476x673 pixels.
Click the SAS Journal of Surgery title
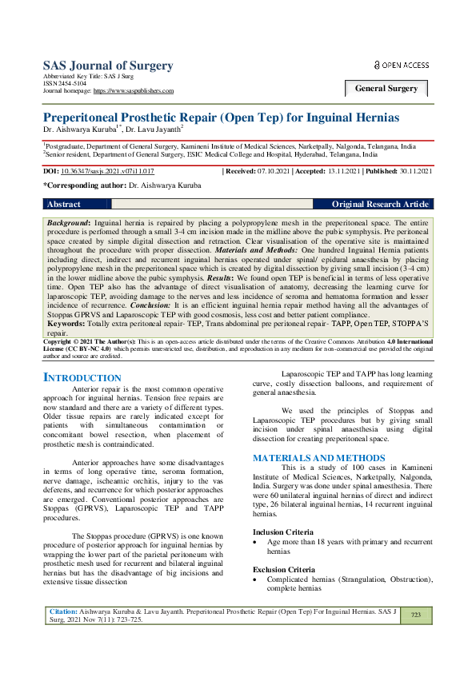click(x=107, y=65)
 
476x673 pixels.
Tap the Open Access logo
click(x=401, y=65)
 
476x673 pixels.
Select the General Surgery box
click(x=386, y=89)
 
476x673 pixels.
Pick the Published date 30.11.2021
click(x=417, y=171)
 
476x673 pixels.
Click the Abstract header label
click(x=64, y=205)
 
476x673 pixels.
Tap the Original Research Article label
click(x=380, y=205)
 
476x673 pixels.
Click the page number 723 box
click(x=415, y=637)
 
